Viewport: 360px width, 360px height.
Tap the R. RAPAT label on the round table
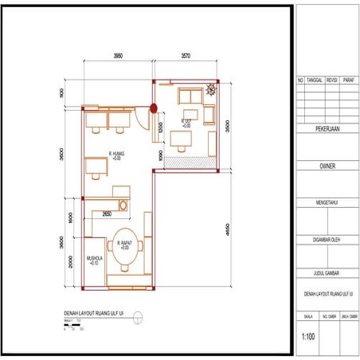pyautogui.click(x=124, y=244)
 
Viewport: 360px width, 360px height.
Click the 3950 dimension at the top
pyautogui.click(x=118, y=57)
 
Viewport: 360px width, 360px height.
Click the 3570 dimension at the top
pyautogui.click(x=186, y=57)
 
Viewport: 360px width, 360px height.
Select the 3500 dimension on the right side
pyautogui.click(x=229, y=126)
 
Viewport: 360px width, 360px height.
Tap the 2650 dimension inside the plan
pyautogui.click(x=107, y=214)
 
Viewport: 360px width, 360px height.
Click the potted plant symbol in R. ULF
pyautogui.click(x=210, y=91)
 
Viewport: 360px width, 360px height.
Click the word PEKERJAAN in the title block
pyautogui.click(x=327, y=127)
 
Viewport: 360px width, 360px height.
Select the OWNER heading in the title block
pyautogui.click(x=327, y=166)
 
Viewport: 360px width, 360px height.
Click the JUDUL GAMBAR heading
pyautogui.click(x=327, y=272)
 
